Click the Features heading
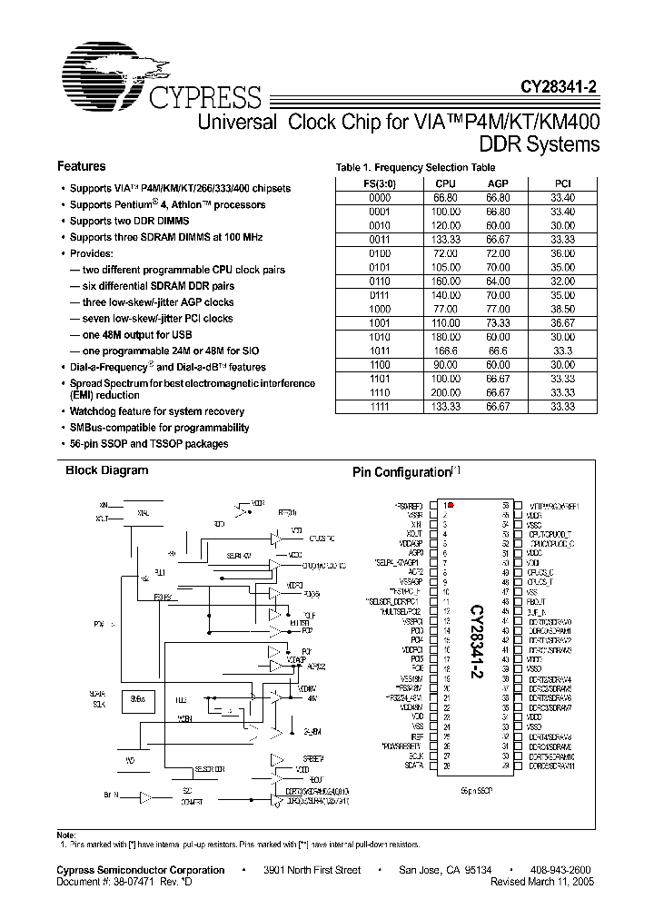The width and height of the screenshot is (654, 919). [x=81, y=167]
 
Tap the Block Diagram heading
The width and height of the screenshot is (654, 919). [x=106, y=470]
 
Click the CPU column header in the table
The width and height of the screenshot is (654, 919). [x=446, y=183]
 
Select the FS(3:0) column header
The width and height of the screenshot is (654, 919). [x=380, y=183]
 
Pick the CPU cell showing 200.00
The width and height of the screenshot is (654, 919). [x=446, y=392]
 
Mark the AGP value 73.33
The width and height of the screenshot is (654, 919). [x=498, y=321]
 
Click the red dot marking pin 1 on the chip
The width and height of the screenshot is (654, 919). [x=451, y=505]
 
